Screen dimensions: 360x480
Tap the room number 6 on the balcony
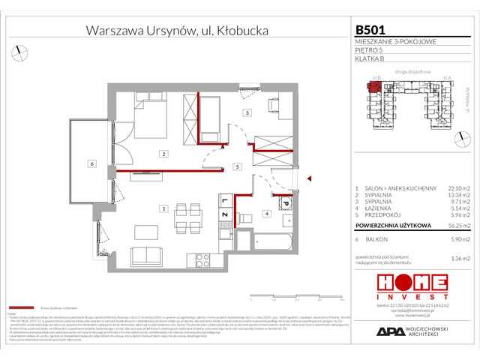coord(91,163)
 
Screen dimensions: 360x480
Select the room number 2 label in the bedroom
coord(163,154)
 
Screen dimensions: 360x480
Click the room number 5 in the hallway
coord(236,166)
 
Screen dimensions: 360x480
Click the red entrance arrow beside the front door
coord(308,178)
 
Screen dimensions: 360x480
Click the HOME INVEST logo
coord(412,286)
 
